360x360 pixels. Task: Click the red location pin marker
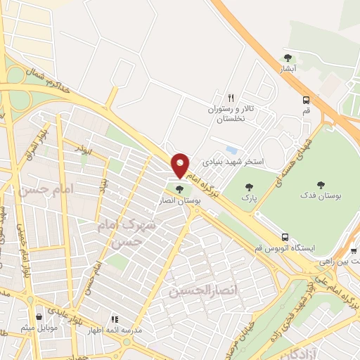181,165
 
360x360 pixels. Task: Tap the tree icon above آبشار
288,58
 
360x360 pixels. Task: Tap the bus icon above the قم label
306,100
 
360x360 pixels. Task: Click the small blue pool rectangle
231,150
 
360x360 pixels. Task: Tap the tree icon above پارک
247,186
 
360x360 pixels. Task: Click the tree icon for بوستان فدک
321,185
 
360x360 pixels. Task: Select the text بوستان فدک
321,196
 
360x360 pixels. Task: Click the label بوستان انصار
184,200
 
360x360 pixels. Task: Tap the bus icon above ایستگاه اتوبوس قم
285,237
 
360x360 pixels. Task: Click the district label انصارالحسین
198,290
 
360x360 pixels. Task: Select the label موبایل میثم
38,328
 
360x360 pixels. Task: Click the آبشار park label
288,69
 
